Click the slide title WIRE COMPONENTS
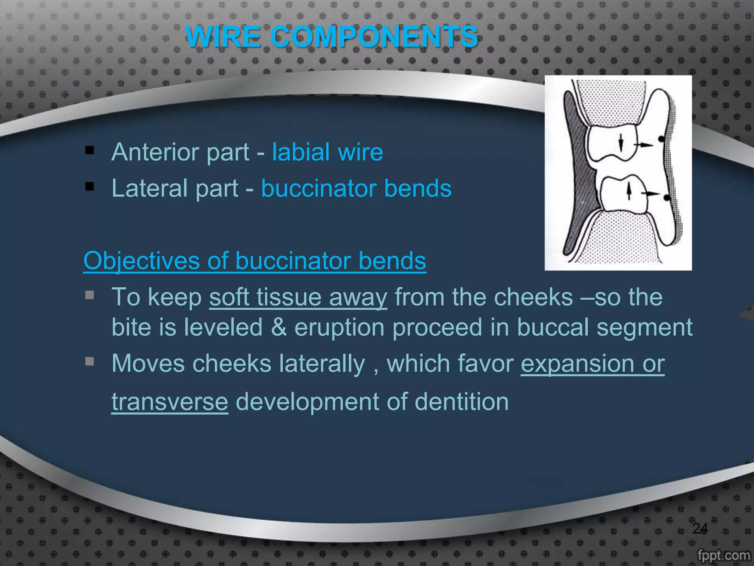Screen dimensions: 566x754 [x=331, y=37]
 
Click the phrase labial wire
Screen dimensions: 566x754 [x=327, y=152]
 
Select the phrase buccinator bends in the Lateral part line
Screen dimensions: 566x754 [x=356, y=188]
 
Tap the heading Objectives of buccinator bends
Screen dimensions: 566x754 [x=255, y=261]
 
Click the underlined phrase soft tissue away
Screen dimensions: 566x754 [x=298, y=297]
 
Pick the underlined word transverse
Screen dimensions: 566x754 [x=170, y=402]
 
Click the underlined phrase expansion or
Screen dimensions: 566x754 [x=592, y=364]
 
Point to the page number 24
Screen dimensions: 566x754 [x=700, y=528]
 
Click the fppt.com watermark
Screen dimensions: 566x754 [x=723, y=555]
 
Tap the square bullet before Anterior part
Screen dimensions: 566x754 [x=89, y=150]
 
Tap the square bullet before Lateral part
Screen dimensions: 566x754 [x=89, y=186]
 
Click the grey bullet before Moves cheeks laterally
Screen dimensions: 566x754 [x=89, y=361]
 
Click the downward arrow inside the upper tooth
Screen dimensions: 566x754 [x=621, y=143]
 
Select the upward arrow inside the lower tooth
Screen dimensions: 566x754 [x=629, y=191]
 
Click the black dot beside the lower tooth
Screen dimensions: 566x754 [x=667, y=198]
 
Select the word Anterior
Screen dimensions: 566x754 [x=152, y=152]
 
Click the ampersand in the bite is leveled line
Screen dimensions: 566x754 [x=279, y=327]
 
